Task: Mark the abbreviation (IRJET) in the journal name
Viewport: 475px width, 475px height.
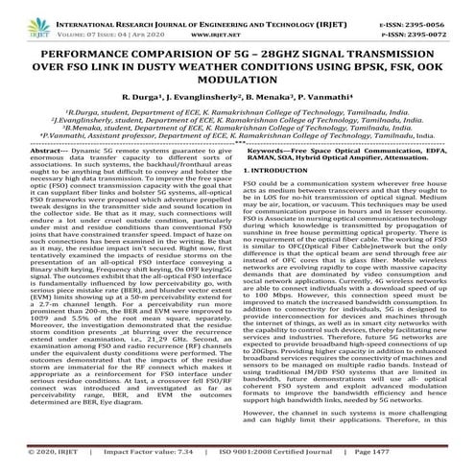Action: click(326, 9)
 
